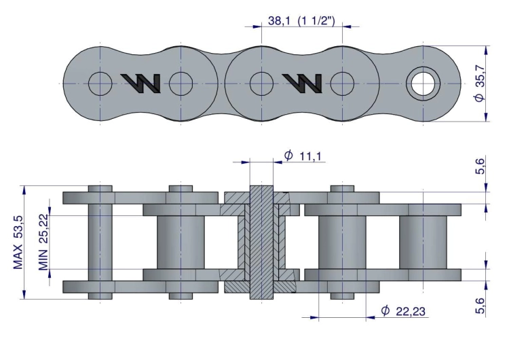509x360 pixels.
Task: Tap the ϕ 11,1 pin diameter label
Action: click(303, 156)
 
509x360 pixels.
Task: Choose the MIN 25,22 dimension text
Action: click(43, 242)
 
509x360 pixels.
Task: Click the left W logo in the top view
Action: click(140, 83)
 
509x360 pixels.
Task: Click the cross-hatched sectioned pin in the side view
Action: click(261, 242)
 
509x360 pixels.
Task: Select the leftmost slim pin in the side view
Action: click(100, 242)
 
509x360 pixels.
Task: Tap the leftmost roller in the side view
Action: click(181, 242)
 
